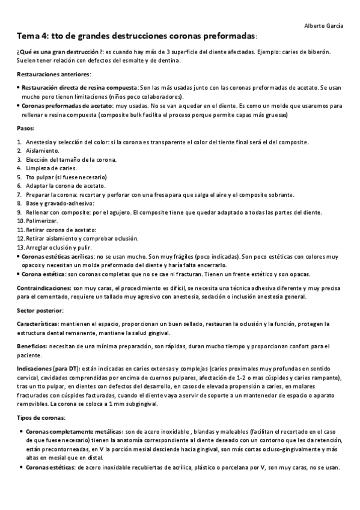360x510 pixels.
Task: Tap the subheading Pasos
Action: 26,129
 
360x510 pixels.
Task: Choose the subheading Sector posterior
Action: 40,310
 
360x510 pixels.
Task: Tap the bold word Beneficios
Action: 32,346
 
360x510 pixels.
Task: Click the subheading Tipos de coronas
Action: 41,417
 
